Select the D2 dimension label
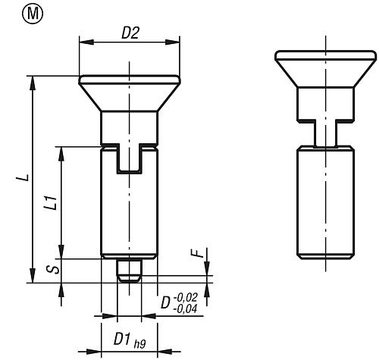click(x=128, y=33)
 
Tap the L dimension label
click(x=24, y=177)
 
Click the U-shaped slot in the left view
click(x=128, y=159)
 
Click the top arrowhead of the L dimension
click(x=33, y=79)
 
